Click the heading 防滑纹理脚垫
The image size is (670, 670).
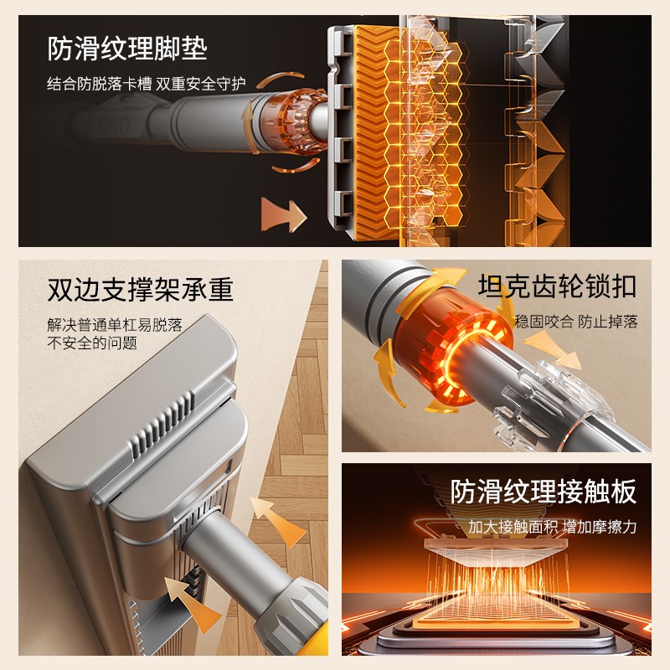[x=127, y=49]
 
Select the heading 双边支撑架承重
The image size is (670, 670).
[x=141, y=289]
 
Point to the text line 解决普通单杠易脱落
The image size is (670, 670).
[x=115, y=324]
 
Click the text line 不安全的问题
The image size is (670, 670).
[x=92, y=343]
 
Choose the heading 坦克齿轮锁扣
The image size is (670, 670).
[x=557, y=286]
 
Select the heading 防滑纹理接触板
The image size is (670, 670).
[x=544, y=492]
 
